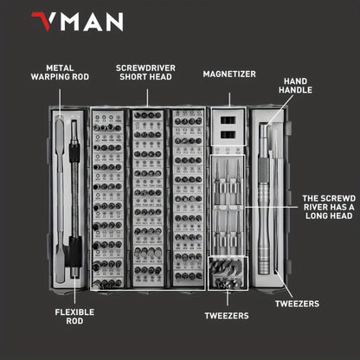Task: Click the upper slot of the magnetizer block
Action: click(x=228, y=119)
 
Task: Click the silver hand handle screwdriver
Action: click(x=263, y=199)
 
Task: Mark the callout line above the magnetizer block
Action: click(x=228, y=94)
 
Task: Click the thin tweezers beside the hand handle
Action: click(x=277, y=199)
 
